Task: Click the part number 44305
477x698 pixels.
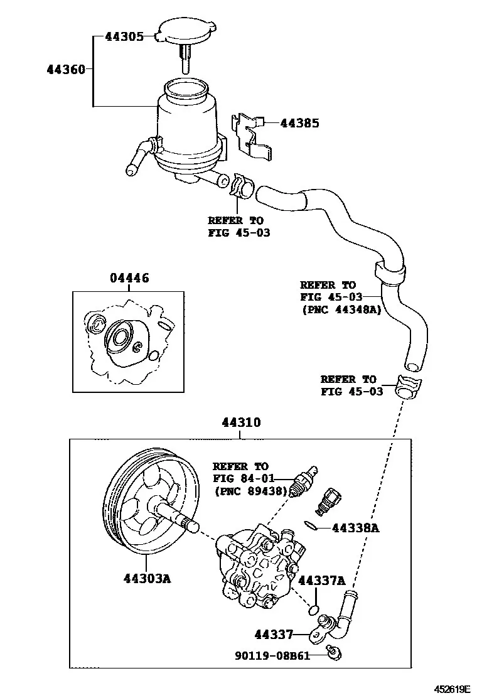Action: point(125,36)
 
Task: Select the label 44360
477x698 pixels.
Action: point(66,70)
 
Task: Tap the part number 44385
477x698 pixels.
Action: point(299,123)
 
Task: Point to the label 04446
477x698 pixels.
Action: point(129,278)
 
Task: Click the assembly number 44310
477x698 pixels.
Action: point(242,422)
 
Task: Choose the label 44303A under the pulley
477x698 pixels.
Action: point(147,578)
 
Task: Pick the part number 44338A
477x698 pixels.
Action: point(355,528)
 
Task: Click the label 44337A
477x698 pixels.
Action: point(322,581)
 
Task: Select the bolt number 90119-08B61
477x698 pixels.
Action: point(272,655)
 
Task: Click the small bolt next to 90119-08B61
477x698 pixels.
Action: point(334,653)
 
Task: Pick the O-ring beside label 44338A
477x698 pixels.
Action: point(311,525)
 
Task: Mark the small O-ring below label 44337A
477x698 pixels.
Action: point(314,609)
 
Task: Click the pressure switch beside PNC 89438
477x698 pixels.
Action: point(304,481)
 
